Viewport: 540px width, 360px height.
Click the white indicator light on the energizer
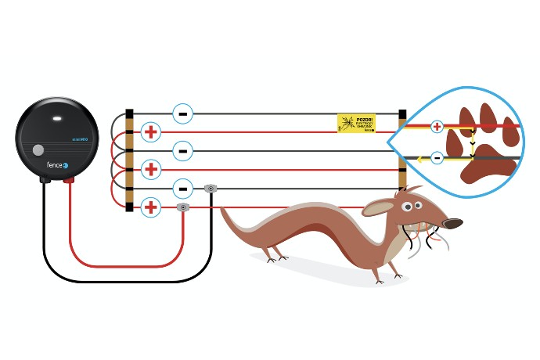pos(58,120)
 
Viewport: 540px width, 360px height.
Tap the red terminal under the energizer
pos(69,180)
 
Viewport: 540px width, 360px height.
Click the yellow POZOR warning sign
pos(356,123)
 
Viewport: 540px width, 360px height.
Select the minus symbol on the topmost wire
pos(182,113)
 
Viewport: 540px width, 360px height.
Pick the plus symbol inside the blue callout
pos(437,125)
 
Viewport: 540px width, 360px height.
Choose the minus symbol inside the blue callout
pos(437,159)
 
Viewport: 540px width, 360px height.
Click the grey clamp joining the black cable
pos(210,189)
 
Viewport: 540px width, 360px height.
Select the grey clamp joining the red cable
pos(183,207)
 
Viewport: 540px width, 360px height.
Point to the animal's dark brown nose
pos(453,224)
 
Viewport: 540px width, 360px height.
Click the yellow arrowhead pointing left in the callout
pos(420,160)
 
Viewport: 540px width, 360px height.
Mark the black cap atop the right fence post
pos(402,114)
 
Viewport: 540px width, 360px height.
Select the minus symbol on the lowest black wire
pos(182,189)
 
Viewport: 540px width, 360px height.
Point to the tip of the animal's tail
pos(222,208)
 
